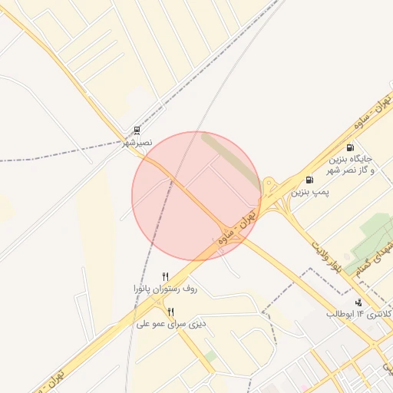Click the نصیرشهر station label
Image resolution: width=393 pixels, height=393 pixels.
(138, 143)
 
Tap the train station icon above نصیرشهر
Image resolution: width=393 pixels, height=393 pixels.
(137, 130)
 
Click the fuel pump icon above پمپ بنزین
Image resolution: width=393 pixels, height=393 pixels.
(309, 180)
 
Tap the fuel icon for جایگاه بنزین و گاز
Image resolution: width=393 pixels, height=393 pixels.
(350, 147)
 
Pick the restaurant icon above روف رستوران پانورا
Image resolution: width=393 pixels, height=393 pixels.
(165, 276)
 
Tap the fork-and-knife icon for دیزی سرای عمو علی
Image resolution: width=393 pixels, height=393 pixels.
(170, 312)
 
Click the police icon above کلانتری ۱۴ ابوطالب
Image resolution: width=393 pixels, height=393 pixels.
(360, 302)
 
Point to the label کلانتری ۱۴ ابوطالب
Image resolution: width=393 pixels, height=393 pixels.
(359, 315)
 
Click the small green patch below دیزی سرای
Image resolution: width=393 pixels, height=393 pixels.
(210, 356)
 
